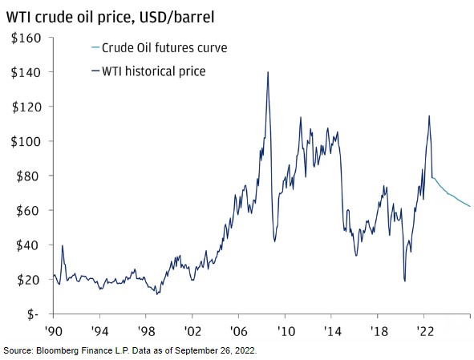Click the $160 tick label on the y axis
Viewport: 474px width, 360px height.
[26, 38]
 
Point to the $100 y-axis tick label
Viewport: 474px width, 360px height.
[26, 141]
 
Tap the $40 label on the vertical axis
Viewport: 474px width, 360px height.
[28, 245]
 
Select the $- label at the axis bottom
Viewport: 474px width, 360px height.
[33, 314]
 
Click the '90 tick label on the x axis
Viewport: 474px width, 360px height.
[54, 332]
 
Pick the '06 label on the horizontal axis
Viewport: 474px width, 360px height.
[239, 332]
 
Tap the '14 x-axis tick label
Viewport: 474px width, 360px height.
[331, 332]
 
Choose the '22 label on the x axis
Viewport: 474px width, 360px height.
[424, 332]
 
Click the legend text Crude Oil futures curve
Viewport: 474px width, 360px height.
[164, 48]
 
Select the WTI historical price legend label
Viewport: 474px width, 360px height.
[153, 71]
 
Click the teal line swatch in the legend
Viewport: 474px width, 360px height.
[95, 48]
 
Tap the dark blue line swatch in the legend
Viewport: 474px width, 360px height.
[95, 71]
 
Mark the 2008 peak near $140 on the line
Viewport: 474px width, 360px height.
[268, 72]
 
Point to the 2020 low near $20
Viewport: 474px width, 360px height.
[405, 281]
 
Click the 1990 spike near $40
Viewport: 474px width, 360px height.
[63, 245]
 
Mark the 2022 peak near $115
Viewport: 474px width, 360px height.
[429, 116]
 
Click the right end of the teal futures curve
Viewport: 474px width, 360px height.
[470, 206]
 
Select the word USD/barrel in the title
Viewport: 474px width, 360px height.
[176, 17]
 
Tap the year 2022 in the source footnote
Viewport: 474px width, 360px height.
[247, 351]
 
